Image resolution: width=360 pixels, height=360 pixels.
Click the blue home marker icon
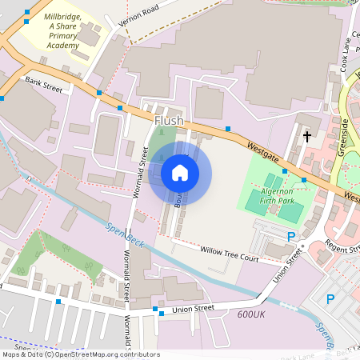(x=180, y=172)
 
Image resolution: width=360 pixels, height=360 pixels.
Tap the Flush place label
(x=169, y=121)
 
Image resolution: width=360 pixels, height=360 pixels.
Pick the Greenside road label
(x=346, y=136)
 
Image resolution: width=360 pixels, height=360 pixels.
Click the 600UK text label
(x=250, y=314)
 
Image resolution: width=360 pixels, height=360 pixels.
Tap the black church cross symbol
(x=306, y=137)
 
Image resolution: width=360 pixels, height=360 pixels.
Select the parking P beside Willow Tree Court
(x=291, y=237)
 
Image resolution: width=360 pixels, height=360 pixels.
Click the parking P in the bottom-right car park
(x=330, y=299)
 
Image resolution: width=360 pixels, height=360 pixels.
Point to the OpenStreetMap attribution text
(x=80, y=354)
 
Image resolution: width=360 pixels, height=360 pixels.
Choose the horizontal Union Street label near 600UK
(x=194, y=309)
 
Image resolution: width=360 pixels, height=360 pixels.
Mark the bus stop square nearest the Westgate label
(x=228, y=128)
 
